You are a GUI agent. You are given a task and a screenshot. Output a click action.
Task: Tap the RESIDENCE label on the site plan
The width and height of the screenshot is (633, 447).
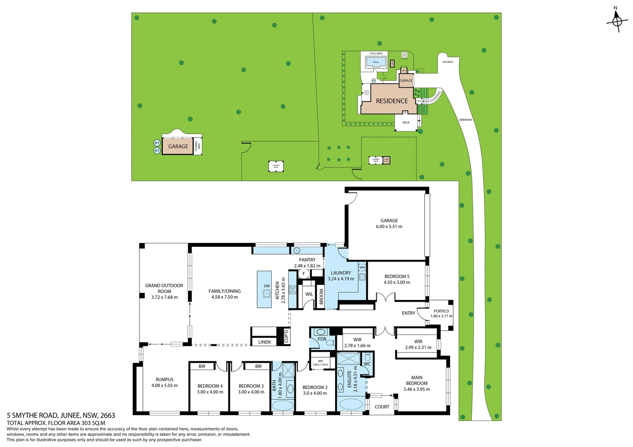point(391,101)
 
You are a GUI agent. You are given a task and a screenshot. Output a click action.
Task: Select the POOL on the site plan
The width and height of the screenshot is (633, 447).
point(376,62)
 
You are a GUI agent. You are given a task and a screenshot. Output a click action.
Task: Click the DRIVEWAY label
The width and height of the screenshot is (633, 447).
point(465,120)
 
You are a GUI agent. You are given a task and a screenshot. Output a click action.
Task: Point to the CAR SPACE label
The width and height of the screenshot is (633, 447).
point(447,62)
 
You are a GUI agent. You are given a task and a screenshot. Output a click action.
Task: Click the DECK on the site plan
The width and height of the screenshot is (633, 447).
point(406,123)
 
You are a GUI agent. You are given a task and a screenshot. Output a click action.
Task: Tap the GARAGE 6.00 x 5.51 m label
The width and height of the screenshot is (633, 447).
point(389,223)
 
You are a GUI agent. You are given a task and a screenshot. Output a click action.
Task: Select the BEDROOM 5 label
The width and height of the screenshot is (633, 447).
point(396,276)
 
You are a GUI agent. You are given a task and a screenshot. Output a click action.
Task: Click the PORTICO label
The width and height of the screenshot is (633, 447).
point(441,311)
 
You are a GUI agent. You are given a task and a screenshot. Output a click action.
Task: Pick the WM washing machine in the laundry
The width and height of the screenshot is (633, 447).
point(362,267)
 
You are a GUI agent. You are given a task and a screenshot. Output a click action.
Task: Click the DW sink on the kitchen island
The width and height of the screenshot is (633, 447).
point(267,293)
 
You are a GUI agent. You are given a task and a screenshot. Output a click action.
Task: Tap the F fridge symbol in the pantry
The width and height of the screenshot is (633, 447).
point(304,274)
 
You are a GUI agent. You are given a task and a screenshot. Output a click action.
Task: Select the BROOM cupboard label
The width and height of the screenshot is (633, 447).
point(321,297)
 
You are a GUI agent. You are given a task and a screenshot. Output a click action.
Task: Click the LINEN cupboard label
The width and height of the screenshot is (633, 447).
point(264,342)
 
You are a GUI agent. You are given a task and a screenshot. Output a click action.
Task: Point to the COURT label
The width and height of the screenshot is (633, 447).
point(382,407)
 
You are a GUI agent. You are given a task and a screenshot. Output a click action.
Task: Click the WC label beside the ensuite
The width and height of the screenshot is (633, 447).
point(367,364)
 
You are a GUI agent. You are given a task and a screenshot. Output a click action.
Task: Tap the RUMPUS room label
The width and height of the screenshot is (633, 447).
point(164,380)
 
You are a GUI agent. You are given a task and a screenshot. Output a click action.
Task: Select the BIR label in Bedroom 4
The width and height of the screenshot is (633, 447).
point(202,366)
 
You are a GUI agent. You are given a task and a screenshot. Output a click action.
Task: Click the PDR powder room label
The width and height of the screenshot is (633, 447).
point(322,339)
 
